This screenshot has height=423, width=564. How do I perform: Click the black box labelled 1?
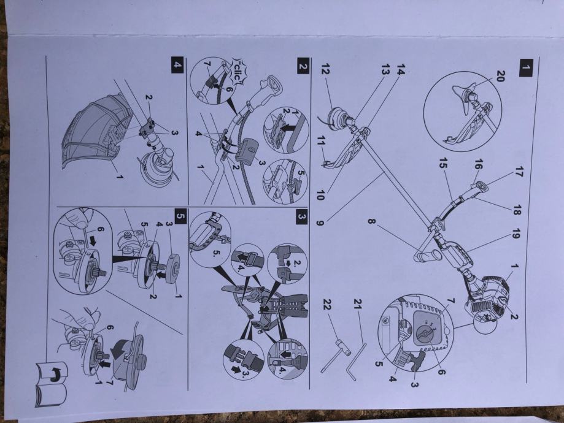(526, 68)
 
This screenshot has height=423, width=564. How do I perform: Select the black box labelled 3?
(302, 217)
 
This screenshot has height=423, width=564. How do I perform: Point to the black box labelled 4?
(178, 65)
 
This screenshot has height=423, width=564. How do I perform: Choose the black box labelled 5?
(180, 216)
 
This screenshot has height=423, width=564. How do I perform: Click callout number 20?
(501, 76)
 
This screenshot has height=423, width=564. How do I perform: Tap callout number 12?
(325, 70)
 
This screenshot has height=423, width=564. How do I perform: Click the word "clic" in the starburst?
(238, 70)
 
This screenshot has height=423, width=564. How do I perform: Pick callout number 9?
(319, 223)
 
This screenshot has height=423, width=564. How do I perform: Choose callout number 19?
(516, 234)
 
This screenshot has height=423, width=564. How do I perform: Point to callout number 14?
(401, 70)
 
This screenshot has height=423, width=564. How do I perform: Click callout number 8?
(371, 221)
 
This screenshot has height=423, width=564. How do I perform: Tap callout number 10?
(320, 195)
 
